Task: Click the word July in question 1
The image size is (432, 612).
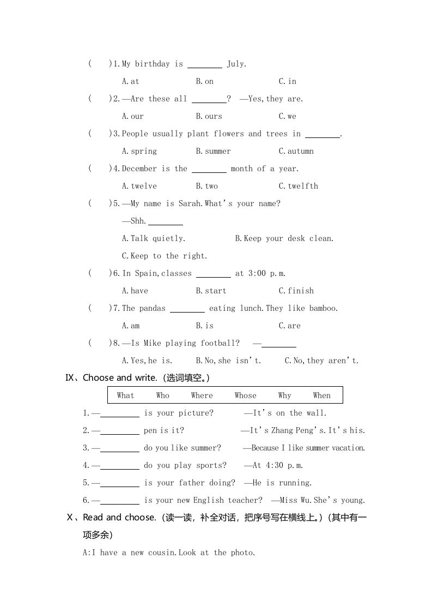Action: tap(236, 64)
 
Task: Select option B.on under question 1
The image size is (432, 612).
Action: tap(205, 81)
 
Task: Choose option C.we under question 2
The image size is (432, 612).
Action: tap(288, 116)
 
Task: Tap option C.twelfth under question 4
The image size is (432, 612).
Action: tap(299, 186)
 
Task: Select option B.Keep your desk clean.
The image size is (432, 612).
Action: tap(284, 238)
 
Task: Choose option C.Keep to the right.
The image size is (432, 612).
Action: tap(165, 256)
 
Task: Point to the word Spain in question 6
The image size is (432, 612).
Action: tap(145, 273)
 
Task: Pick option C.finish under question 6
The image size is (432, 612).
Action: tap(296, 291)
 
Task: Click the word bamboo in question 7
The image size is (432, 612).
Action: tap(323, 308)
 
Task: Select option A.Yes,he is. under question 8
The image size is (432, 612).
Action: tap(147, 361)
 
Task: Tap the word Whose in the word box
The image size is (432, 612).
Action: tap(245, 395)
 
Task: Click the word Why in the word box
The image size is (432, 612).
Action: tap(284, 395)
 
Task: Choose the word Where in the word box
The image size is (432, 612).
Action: tap(202, 395)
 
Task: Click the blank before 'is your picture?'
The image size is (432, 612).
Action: tap(120, 413)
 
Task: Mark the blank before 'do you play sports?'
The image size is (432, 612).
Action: tap(120, 466)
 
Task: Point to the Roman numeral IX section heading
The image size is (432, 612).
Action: tap(72, 377)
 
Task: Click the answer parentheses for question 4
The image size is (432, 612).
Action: tap(99, 169)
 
